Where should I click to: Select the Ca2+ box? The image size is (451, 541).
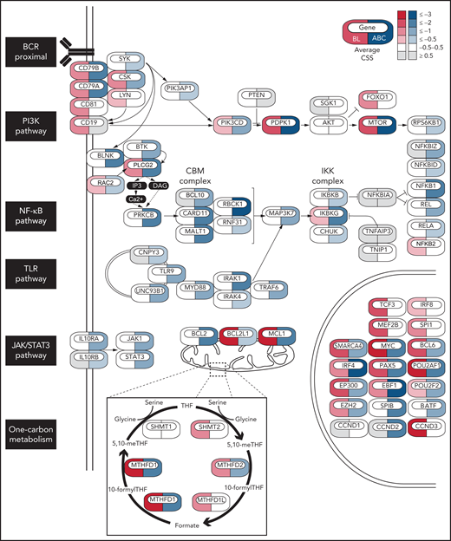[135, 199]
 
